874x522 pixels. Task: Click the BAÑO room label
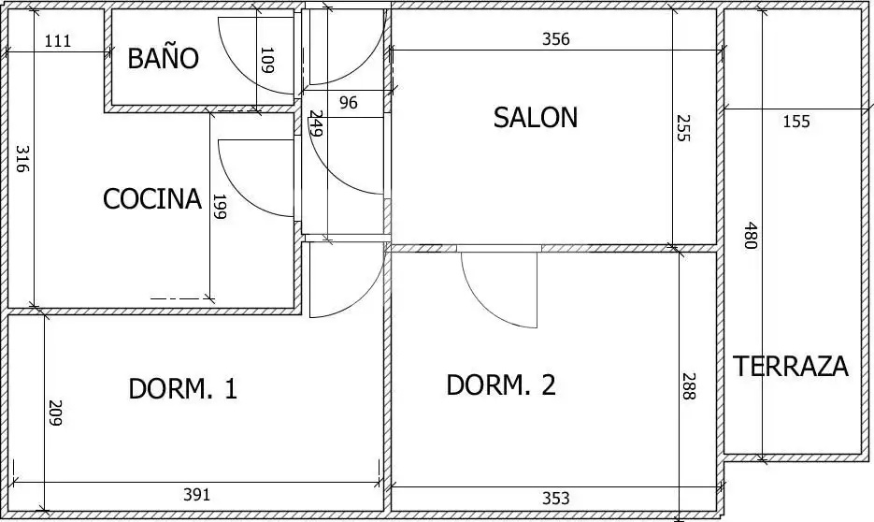(x=163, y=57)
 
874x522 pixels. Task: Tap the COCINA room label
(x=152, y=198)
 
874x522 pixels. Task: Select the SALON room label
(x=535, y=118)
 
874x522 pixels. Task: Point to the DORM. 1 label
(x=183, y=388)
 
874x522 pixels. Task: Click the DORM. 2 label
(x=501, y=384)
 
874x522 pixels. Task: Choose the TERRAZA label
(x=791, y=367)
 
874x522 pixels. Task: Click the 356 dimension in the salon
(x=556, y=39)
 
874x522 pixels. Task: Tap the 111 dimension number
(x=58, y=41)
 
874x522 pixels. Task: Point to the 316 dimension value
(x=21, y=159)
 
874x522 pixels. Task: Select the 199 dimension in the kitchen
(x=220, y=207)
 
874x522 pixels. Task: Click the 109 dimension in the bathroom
(x=267, y=60)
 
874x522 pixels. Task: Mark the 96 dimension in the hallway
(x=349, y=103)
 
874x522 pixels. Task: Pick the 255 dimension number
(x=683, y=128)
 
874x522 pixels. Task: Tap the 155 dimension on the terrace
(x=796, y=121)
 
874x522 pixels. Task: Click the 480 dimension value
(x=752, y=236)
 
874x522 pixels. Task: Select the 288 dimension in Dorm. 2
(x=689, y=386)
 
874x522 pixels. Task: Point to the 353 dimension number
(x=556, y=498)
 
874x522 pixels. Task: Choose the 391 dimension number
(x=197, y=495)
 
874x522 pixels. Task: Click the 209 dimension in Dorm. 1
(x=55, y=413)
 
